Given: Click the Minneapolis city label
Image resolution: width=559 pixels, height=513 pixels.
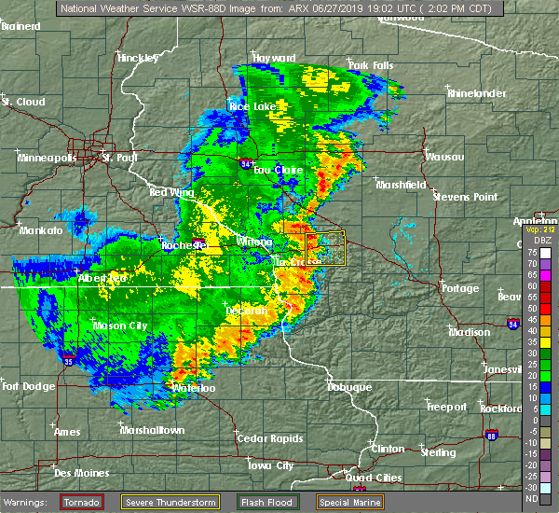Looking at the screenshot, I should point(48,158).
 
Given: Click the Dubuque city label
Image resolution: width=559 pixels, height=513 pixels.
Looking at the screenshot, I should point(348,386).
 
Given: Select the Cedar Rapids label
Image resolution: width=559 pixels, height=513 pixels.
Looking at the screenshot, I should point(266,438).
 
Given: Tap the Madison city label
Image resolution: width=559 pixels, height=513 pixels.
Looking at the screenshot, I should point(470,331).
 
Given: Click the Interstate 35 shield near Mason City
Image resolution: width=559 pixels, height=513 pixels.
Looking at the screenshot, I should point(70,356).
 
